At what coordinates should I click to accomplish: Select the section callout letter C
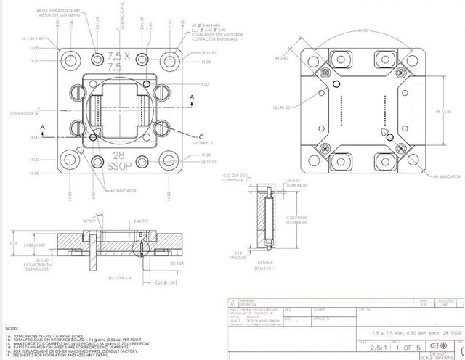pyautogui.click(x=201, y=136)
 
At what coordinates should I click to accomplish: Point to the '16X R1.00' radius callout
pyautogui.click(x=280, y=107)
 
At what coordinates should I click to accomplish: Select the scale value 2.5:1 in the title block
pyautogui.click(x=371, y=347)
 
